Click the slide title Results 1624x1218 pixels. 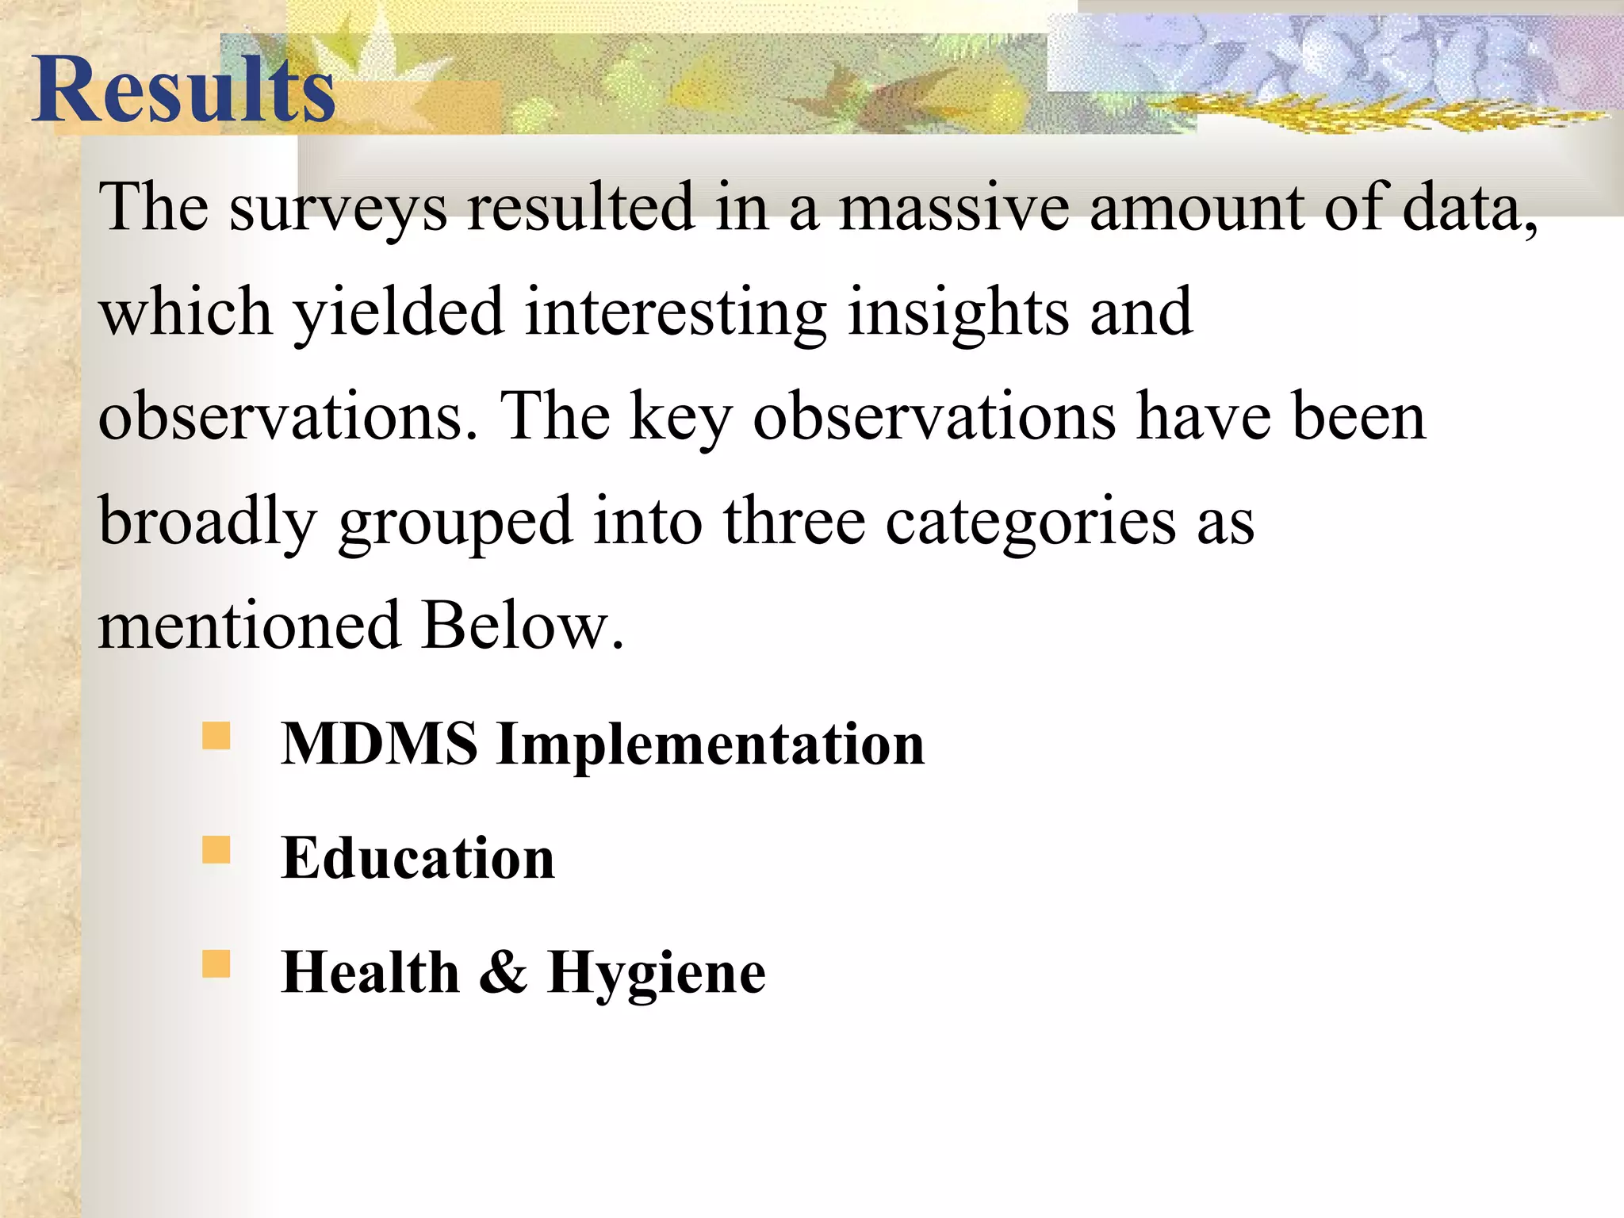pyautogui.click(x=184, y=89)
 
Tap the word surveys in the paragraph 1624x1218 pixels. pyautogui.click(x=339, y=208)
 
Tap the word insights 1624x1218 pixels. pyautogui.click(x=957, y=312)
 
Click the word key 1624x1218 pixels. pyautogui.click(x=680, y=418)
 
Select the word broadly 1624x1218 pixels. pyautogui.click(x=208, y=523)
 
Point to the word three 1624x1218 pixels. pyautogui.click(x=794, y=523)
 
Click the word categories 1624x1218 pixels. pyautogui.click(x=1030, y=523)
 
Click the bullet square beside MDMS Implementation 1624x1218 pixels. pyautogui.click(x=216, y=736)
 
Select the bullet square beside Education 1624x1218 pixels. pyautogui.click(x=216, y=850)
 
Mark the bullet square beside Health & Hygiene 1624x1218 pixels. pyautogui.click(x=216, y=964)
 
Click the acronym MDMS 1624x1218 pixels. pyautogui.click(x=379, y=744)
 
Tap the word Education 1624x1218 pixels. pyautogui.click(x=418, y=858)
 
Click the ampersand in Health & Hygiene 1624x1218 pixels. pyautogui.click(x=503, y=972)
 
